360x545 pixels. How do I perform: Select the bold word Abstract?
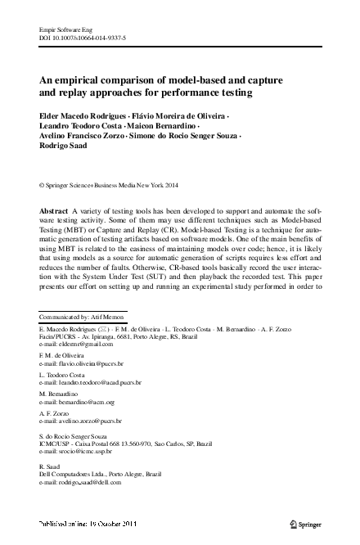54,211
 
